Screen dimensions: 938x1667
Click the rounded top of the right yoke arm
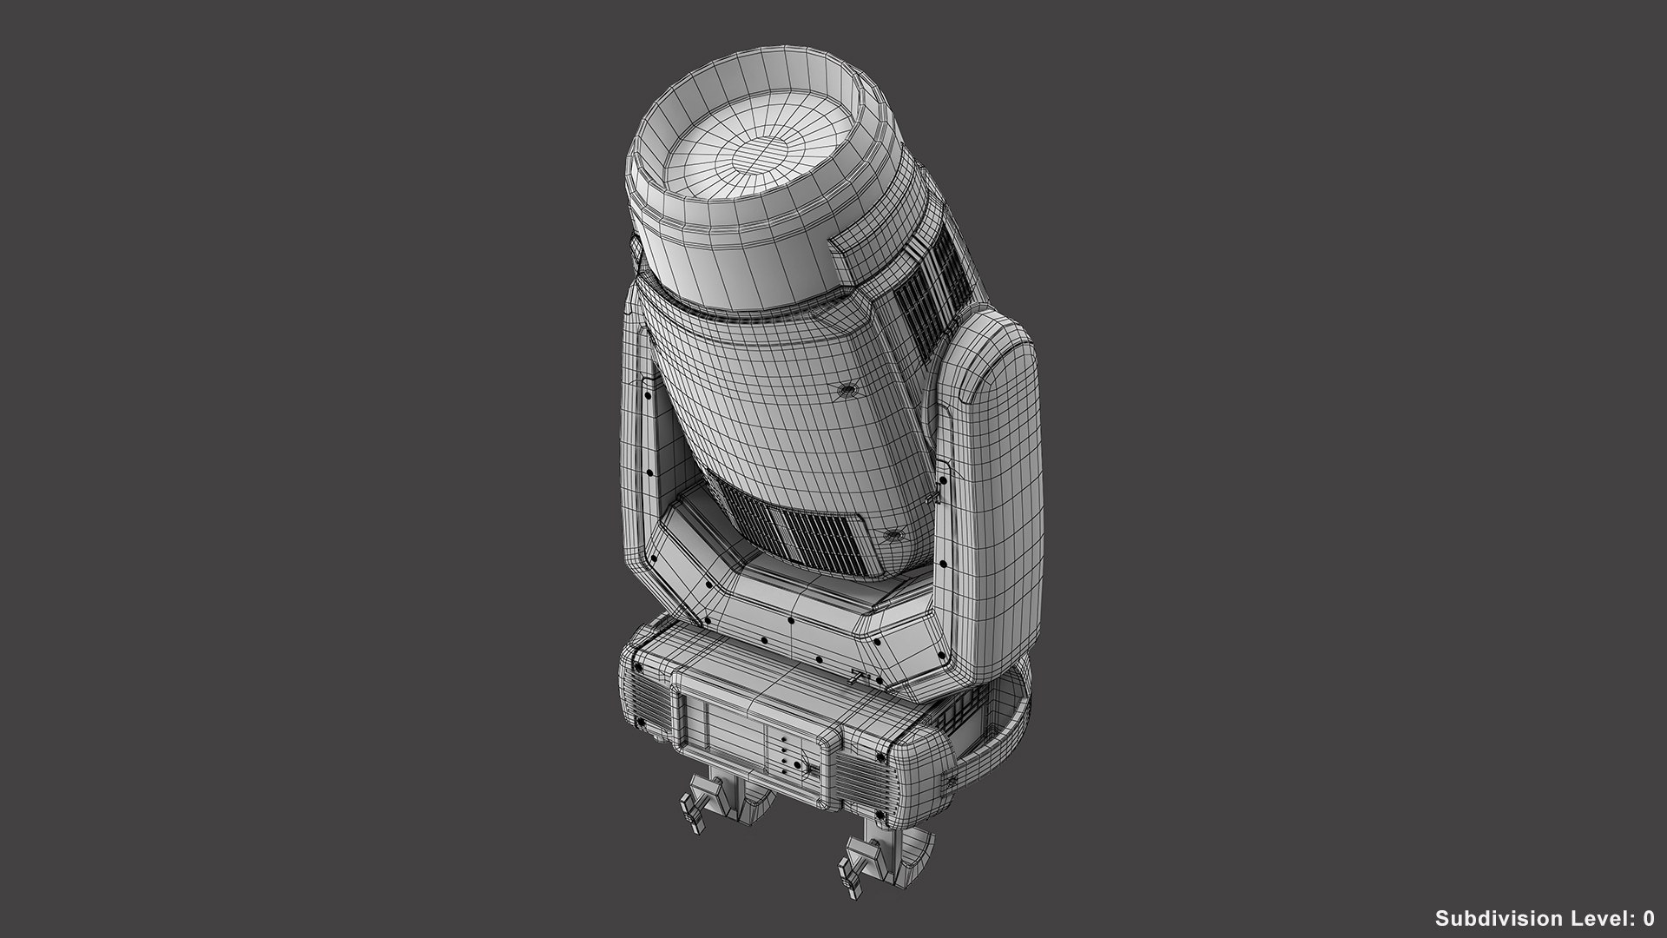[998, 356]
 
